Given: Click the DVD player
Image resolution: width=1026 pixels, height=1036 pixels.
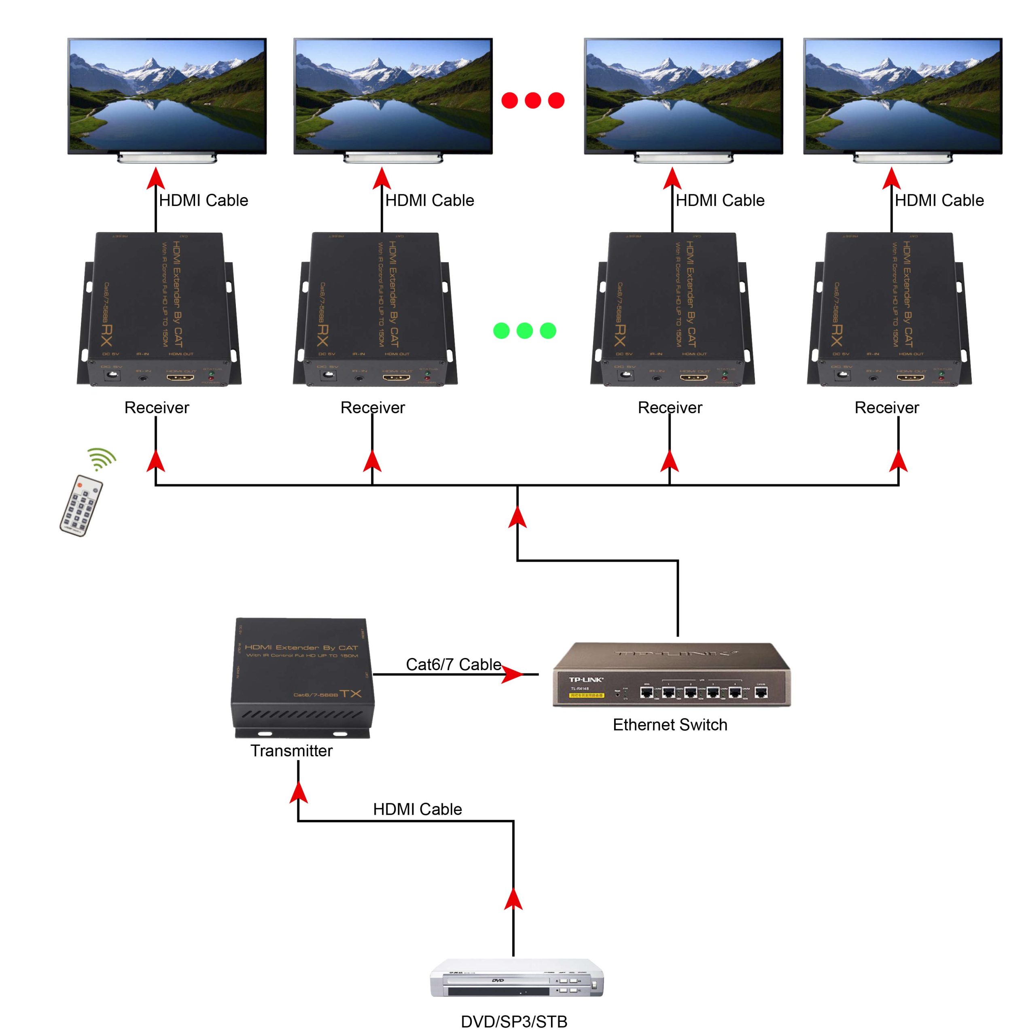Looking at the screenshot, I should tap(516, 978).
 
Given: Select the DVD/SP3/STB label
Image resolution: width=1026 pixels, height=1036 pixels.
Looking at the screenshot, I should tap(513, 1021).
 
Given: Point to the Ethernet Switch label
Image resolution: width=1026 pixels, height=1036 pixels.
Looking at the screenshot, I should tap(670, 725).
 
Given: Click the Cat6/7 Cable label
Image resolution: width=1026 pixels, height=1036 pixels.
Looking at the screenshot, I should tap(453, 664).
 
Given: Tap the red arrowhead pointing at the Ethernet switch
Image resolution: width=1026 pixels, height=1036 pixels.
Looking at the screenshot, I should tap(512, 675).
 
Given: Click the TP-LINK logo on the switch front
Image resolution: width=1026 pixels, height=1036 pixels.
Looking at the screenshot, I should tap(585, 680).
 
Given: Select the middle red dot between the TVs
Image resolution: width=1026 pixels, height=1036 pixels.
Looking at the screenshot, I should tap(532, 100).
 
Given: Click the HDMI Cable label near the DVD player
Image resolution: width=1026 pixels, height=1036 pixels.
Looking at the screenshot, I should tap(417, 809).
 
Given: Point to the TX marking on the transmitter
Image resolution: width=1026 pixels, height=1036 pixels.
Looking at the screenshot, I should tap(350, 694).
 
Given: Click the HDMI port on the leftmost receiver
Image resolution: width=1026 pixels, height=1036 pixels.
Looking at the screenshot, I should tap(180, 378).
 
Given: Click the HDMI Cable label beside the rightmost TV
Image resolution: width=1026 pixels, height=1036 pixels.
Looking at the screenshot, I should tap(939, 201).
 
